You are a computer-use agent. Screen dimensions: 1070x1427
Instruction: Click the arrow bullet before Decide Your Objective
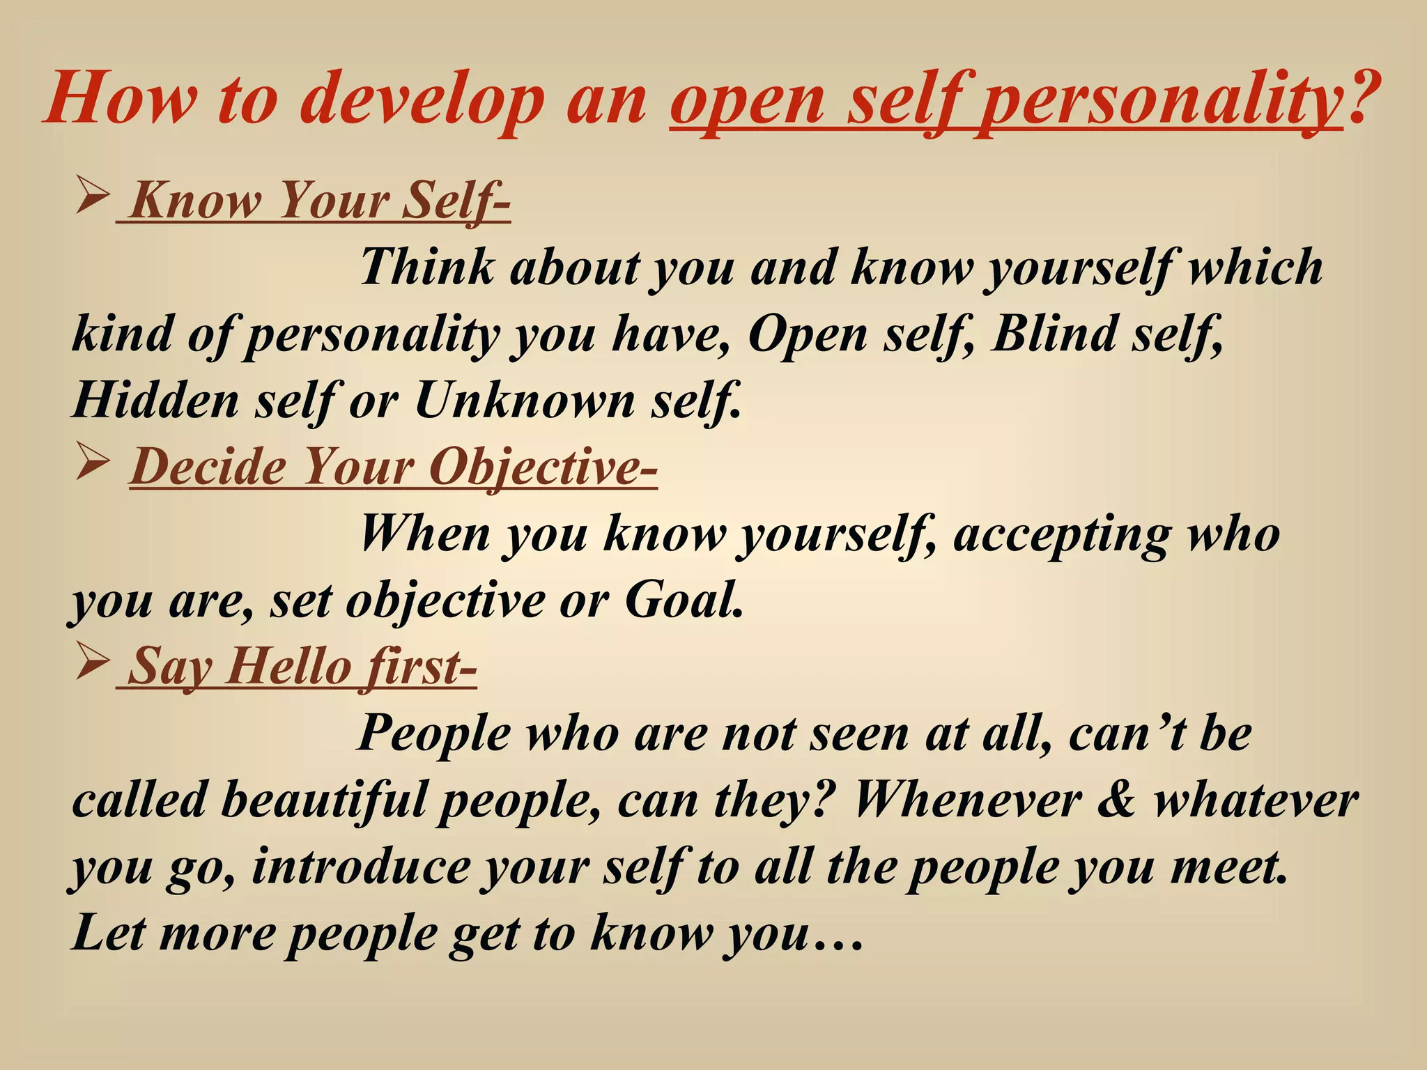[x=92, y=463]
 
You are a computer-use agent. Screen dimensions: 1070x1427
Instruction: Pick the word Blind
[x=1051, y=334]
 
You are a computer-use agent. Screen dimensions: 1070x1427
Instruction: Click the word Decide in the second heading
[x=208, y=466]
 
